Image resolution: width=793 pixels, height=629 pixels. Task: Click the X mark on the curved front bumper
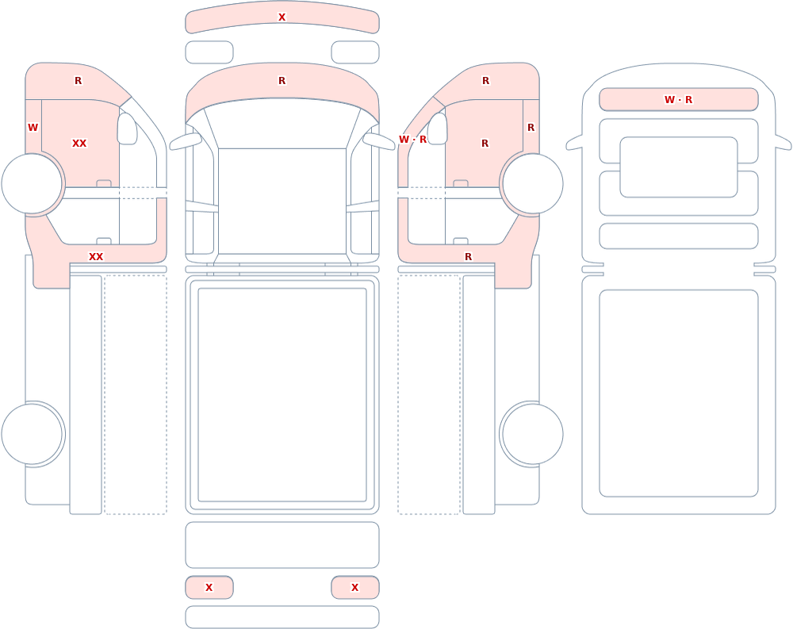pos(282,17)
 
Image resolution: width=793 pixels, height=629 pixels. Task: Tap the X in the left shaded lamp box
pos(209,588)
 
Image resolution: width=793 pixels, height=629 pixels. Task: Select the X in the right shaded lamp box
pos(354,588)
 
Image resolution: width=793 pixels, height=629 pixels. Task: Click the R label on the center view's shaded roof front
pos(282,80)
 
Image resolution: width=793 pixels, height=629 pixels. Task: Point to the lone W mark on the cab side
pos(33,128)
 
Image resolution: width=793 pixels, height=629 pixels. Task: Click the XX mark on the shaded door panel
pos(79,144)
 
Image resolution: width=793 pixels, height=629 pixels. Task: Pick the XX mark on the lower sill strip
pos(96,256)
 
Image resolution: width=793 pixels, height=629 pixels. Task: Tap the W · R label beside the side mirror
pos(412,139)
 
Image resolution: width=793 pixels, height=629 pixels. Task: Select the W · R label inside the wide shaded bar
pos(678,100)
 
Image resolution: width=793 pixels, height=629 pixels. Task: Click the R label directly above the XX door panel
pos(78,80)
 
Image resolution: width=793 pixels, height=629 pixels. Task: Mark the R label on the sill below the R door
pos(469,256)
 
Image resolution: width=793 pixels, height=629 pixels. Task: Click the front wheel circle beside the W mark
pos(32,184)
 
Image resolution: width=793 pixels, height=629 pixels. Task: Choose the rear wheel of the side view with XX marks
pos(32,434)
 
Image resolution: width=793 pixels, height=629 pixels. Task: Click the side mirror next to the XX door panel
pos(128,128)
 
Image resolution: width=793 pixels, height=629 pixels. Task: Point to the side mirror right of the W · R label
pos(438,128)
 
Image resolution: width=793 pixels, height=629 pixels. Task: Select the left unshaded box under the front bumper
pos(209,52)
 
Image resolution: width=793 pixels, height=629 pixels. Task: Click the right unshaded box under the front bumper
pos(355,52)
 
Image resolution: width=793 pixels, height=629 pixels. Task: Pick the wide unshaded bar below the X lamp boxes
pos(282,617)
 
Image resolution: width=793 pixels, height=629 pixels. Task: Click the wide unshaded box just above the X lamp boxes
pos(282,545)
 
